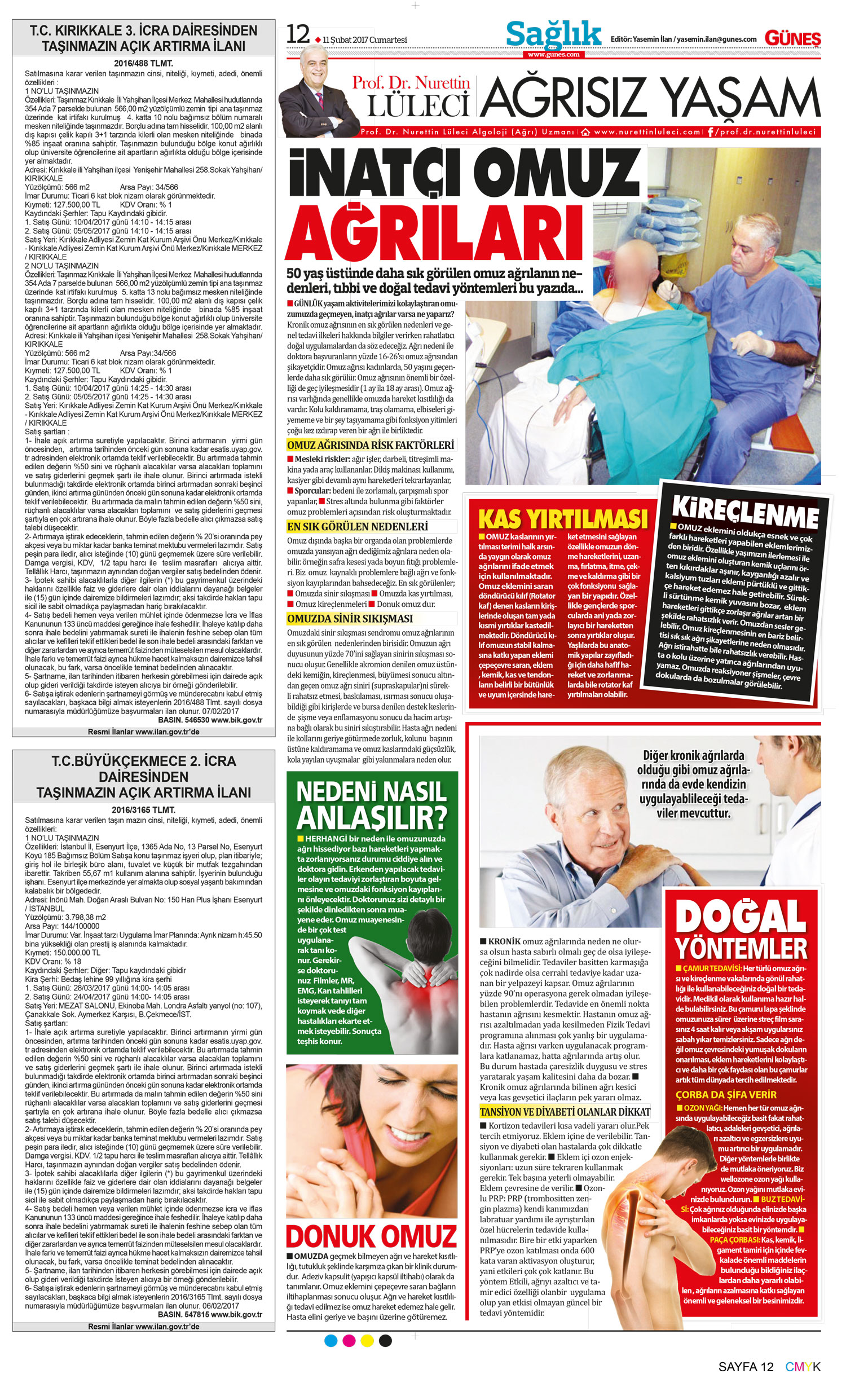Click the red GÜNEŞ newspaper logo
(x=792, y=38)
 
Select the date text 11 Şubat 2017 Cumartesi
(x=365, y=40)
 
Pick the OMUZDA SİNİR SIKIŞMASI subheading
(x=350, y=618)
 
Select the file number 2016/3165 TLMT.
(x=143, y=810)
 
